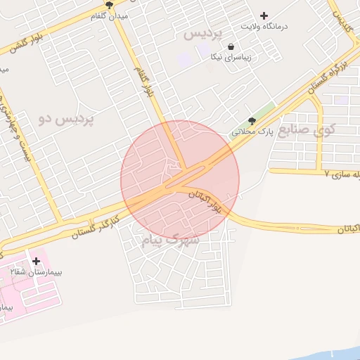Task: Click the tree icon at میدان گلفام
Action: (x=109, y=5)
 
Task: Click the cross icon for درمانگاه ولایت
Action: (x=264, y=15)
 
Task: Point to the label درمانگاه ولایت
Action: (x=264, y=26)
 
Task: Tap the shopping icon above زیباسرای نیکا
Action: (x=231, y=46)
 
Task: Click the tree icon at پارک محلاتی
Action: (x=252, y=121)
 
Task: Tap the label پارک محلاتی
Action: (x=251, y=131)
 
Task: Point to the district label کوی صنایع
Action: (x=307, y=130)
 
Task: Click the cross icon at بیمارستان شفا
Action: (x=36, y=261)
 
